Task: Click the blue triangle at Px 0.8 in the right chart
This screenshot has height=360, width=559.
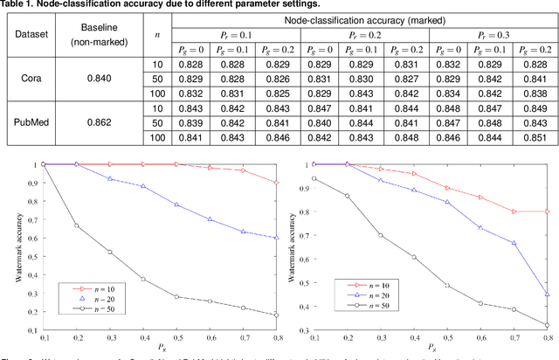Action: pyautogui.click(x=547, y=294)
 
